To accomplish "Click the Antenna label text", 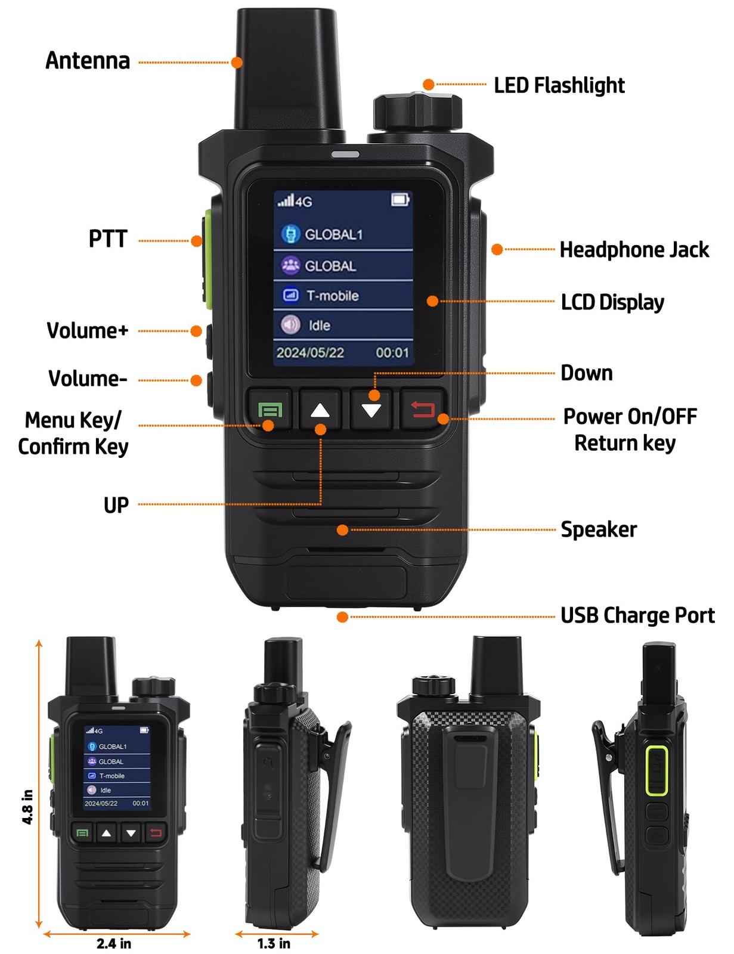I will click(88, 61).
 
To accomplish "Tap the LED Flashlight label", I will click(559, 85).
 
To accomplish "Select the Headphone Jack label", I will click(634, 249).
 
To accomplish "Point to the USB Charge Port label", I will click(637, 615).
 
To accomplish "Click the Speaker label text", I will click(598, 529).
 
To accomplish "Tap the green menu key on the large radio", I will click(270, 410).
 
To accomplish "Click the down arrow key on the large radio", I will click(371, 410).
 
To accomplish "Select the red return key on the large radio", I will click(422, 410).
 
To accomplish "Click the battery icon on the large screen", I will click(400, 199).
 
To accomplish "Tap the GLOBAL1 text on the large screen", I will click(333, 234).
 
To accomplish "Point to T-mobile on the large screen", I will click(332, 296).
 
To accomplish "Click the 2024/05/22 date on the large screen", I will click(310, 352).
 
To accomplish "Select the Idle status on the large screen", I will click(319, 326).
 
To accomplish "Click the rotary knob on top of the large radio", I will click(417, 111).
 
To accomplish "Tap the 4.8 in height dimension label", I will click(27, 807).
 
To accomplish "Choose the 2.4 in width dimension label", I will click(113, 943).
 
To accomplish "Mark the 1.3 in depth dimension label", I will click(274, 943).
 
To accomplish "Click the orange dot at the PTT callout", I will click(196, 241).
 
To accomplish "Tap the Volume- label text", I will click(88, 379).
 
